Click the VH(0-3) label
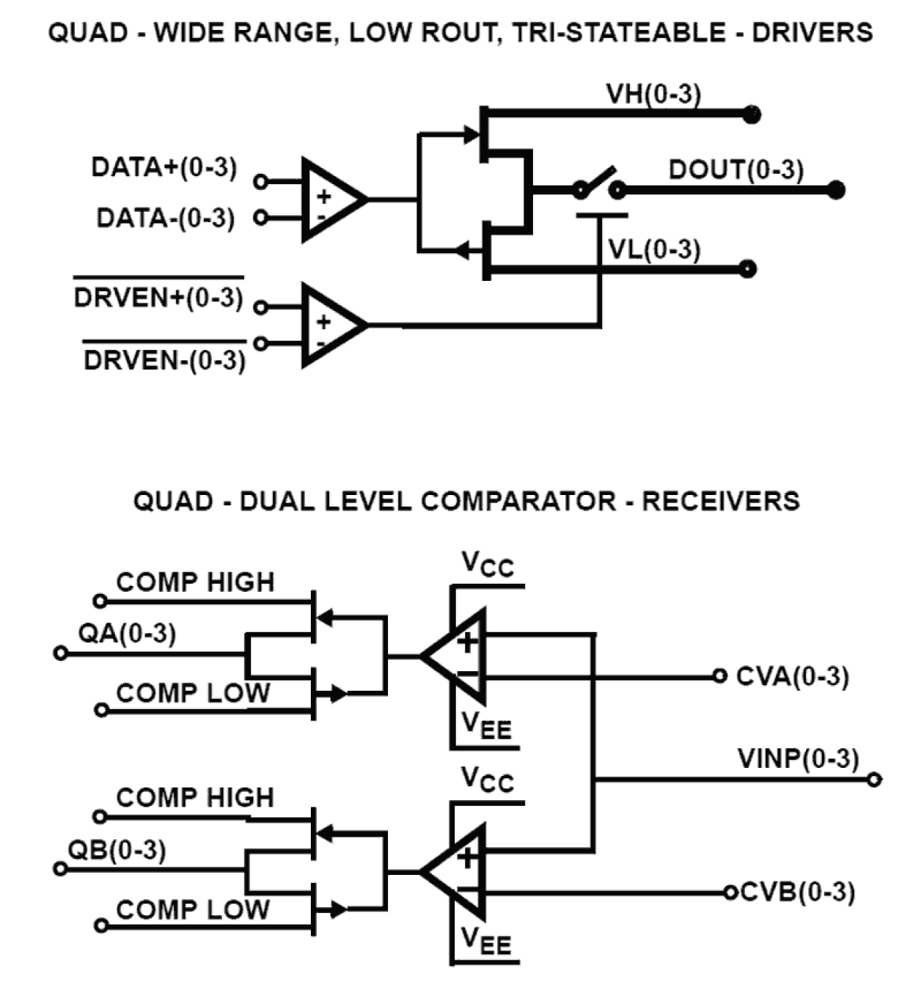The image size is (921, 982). (x=653, y=95)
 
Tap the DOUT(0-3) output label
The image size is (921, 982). (x=735, y=170)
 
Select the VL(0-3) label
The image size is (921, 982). (x=653, y=250)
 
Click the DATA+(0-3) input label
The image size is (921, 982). (x=164, y=167)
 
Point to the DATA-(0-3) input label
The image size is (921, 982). (x=165, y=218)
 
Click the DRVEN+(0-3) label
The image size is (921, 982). (x=158, y=298)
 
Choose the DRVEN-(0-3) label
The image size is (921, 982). (x=164, y=360)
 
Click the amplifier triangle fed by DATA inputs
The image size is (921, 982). (x=330, y=199)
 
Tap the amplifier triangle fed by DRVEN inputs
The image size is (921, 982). (x=330, y=325)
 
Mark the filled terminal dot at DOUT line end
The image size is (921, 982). (x=835, y=191)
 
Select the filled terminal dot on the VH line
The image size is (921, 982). (x=751, y=114)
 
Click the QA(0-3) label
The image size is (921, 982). (x=127, y=633)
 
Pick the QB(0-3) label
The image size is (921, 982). (x=117, y=850)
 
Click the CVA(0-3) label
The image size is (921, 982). (x=792, y=676)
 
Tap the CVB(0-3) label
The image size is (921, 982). (x=797, y=892)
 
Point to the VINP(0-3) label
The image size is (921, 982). (x=798, y=758)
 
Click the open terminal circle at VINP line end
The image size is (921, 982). (x=873, y=780)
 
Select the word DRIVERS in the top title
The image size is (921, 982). (x=812, y=32)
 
